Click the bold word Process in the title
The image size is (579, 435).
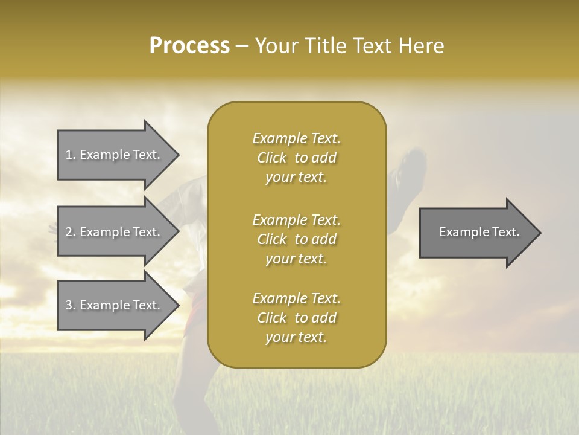click(189, 46)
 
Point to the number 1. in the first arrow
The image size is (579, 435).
click(71, 155)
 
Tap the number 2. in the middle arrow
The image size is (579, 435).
click(71, 232)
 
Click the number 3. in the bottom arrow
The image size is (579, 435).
click(71, 305)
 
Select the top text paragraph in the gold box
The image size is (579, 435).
click(296, 158)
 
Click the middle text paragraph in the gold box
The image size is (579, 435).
click(296, 239)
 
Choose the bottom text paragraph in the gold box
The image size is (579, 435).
click(296, 318)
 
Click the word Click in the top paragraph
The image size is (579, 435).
click(272, 158)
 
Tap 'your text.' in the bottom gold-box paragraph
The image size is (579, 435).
click(296, 337)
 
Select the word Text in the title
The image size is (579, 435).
click(374, 46)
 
